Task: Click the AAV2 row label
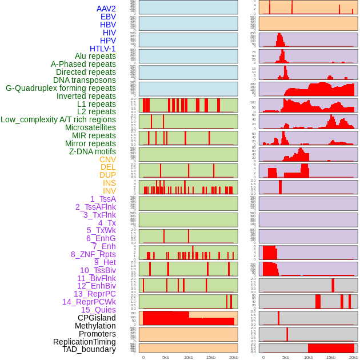106,9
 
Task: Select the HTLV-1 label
102,49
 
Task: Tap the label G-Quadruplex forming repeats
61,88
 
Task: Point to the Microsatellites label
90,128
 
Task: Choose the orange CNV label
107,159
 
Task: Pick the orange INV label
109,191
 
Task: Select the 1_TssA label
103,199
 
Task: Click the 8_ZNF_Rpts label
93,254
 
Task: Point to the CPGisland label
97,318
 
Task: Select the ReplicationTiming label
84,342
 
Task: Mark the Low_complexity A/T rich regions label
58,119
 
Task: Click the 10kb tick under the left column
188,357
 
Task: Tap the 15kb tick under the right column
331,357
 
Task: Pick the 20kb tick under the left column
234,357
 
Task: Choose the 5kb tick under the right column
286,357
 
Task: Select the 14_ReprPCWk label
89,302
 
